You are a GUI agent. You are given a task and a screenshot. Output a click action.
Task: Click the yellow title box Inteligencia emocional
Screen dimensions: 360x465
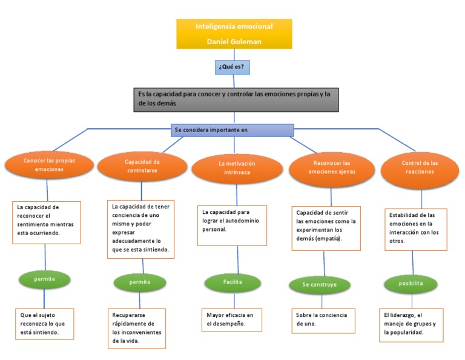(x=234, y=33)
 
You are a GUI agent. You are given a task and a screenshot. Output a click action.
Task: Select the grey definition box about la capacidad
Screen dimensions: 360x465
(x=236, y=99)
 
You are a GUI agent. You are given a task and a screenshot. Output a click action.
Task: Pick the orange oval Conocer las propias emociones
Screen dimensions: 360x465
(x=49, y=165)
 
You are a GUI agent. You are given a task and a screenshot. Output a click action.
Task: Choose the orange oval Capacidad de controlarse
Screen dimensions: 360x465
(x=142, y=166)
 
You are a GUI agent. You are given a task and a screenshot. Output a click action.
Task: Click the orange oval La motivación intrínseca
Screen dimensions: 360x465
(x=237, y=168)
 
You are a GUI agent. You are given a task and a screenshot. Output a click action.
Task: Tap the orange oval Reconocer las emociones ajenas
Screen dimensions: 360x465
(x=332, y=167)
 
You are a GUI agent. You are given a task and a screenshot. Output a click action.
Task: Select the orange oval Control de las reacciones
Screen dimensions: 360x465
(x=420, y=167)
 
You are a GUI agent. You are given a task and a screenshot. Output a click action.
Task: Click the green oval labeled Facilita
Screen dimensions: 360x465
(x=232, y=282)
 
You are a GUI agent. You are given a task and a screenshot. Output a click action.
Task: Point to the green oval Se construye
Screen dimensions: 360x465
(x=318, y=284)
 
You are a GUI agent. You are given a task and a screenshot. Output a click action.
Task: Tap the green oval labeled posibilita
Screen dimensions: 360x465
(x=411, y=283)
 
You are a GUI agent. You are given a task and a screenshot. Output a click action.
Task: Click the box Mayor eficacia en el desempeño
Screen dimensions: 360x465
(x=231, y=319)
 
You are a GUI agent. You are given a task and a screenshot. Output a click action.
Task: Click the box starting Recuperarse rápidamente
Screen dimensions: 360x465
(x=137, y=328)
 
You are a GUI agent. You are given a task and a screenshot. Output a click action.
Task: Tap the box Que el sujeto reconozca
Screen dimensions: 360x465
(x=45, y=324)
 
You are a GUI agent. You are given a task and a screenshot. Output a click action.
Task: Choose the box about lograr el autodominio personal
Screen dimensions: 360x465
(x=232, y=224)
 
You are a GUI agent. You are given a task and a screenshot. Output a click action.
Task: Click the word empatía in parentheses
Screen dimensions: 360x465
(x=328, y=239)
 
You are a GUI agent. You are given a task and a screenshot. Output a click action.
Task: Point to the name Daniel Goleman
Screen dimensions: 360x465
(x=234, y=41)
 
